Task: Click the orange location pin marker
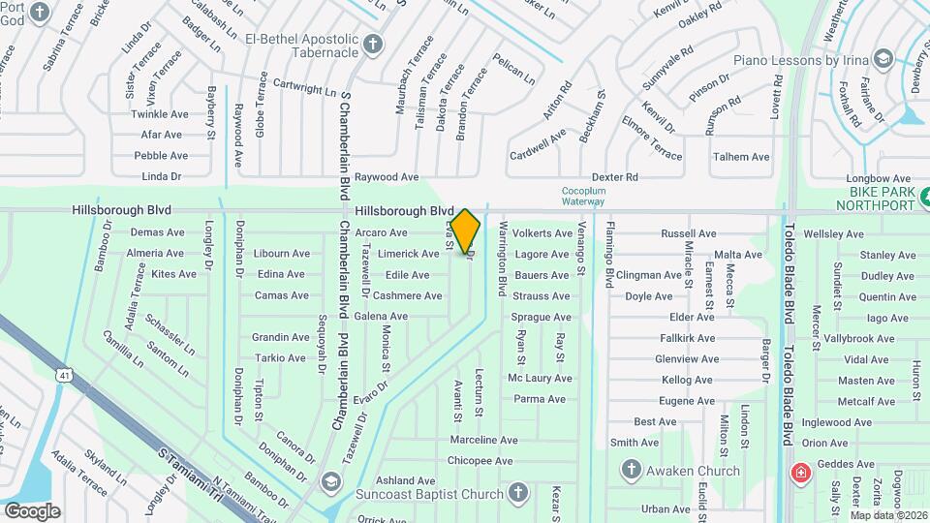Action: pyautogui.click(x=466, y=231)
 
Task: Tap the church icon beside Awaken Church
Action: pyautogui.click(x=632, y=471)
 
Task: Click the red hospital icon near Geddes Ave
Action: pyautogui.click(x=801, y=474)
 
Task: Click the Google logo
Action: pyautogui.click(x=32, y=510)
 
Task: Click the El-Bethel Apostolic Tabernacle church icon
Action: pyautogui.click(x=373, y=43)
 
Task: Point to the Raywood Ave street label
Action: pyautogui.click(x=386, y=177)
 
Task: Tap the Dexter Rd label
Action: pyautogui.click(x=615, y=177)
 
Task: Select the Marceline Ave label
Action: pyautogui.click(x=483, y=440)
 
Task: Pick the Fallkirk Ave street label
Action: pyautogui.click(x=687, y=338)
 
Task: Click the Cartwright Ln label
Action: pyautogui.click(x=303, y=88)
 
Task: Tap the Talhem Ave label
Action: pyautogui.click(x=741, y=156)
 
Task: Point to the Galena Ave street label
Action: pyautogui.click(x=381, y=317)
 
